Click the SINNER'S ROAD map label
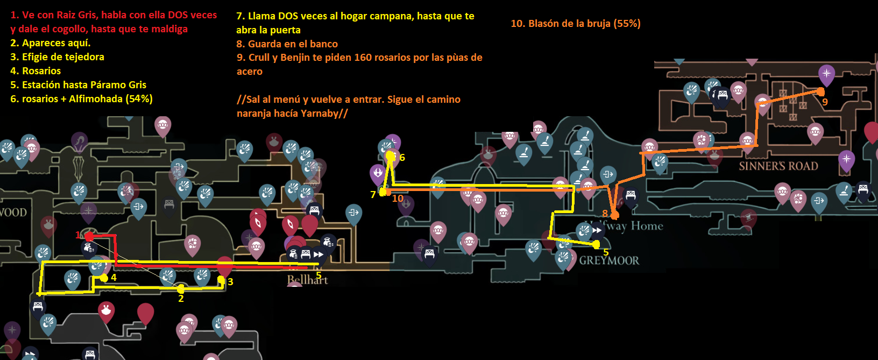click(x=778, y=166)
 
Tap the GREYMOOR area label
click(x=609, y=261)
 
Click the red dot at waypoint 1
click(x=89, y=237)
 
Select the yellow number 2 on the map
click(x=181, y=299)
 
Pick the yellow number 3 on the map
click(x=230, y=282)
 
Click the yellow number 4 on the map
click(x=114, y=278)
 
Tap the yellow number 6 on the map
click(x=402, y=158)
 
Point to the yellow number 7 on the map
click(x=373, y=195)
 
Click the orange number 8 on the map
click(x=605, y=214)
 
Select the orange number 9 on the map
click(x=825, y=102)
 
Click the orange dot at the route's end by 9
click(x=820, y=92)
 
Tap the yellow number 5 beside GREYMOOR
click(x=606, y=252)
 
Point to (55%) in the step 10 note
click(x=627, y=24)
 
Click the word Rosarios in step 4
click(x=41, y=71)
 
